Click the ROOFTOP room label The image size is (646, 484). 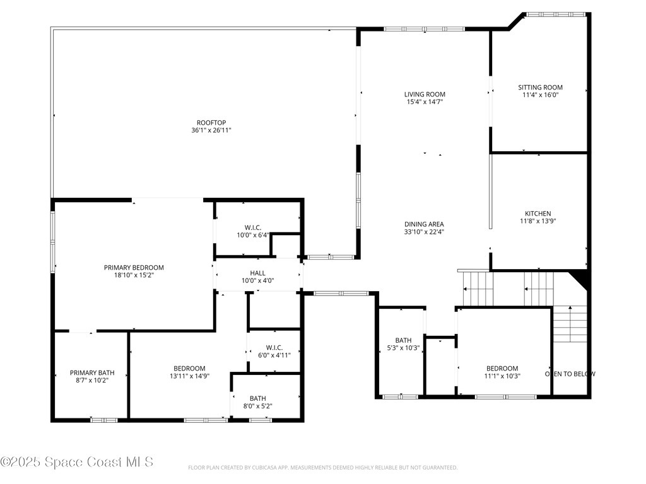pyautogui.click(x=211, y=122)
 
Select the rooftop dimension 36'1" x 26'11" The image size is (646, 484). pyautogui.click(x=211, y=130)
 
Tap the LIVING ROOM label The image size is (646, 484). pyautogui.click(x=425, y=95)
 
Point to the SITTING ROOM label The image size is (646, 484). pyautogui.click(x=540, y=88)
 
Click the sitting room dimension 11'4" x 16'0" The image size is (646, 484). pyautogui.click(x=540, y=95)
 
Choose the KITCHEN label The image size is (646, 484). pyautogui.click(x=537, y=214)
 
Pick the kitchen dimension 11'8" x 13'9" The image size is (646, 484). pyautogui.click(x=537, y=221)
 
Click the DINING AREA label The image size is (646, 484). pyautogui.click(x=424, y=224)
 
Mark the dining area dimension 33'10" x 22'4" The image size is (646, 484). pyautogui.click(x=424, y=232)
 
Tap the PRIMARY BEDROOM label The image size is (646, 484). pyautogui.click(x=134, y=267)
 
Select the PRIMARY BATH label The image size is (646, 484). pyautogui.click(x=92, y=372)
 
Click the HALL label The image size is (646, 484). pyautogui.click(x=257, y=273)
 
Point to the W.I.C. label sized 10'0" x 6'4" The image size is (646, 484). pyautogui.click(x=252, y=228)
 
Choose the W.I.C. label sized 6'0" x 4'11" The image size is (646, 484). pyautogui.click(x=274, y=347)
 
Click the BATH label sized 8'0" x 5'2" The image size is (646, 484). pyautogui.click(x=257, y=398)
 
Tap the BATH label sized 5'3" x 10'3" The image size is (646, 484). pyautogui.click(x=403, y=340)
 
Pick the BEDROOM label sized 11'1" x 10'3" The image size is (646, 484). pyautogui.click(x=502, y=369)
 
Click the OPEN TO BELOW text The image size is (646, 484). pyautogui.click(x=570, y=374)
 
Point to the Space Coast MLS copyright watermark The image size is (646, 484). pyautogui.click(x=77, y=462)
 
